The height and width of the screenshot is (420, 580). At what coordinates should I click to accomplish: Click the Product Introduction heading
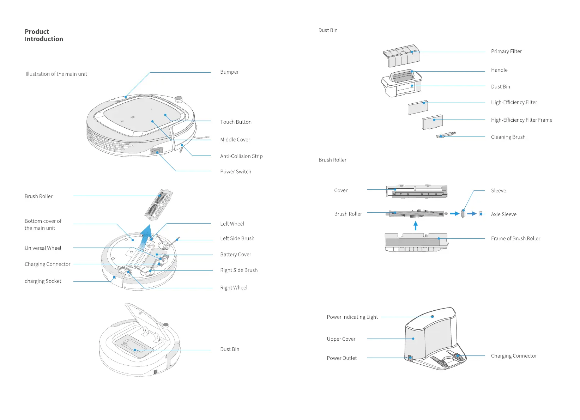click(44, 35)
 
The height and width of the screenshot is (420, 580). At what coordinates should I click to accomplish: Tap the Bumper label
click(229, 72)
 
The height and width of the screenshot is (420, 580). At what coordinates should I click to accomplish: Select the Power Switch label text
click(236, 172)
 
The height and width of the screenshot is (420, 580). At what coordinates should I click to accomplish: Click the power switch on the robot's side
click(156, 151)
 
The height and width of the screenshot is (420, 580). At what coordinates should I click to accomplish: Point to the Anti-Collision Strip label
click(241, 156)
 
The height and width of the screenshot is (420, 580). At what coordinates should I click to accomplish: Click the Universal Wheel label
click(43, 248)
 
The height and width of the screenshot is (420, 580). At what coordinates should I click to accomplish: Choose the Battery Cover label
click(236, 255)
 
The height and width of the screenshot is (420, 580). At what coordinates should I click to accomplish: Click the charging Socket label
click(43, 281)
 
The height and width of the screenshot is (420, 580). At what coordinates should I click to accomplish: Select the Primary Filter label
click(506, 51)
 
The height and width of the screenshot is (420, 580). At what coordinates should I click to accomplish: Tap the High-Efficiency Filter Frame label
click(521, 120)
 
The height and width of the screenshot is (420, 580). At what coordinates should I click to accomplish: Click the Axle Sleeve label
click(503, 214)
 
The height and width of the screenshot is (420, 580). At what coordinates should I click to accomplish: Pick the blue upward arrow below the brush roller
click(416, 226)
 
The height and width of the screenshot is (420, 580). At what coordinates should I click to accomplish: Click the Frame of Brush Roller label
click(515, 239)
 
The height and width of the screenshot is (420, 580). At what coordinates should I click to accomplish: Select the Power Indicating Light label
click(352, 317)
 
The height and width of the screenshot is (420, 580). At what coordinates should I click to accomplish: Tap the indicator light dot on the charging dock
click(433, 316)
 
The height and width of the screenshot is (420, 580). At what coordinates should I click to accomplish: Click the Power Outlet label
click(342, 358)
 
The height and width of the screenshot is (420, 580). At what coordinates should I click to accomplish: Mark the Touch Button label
click(236, 122)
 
